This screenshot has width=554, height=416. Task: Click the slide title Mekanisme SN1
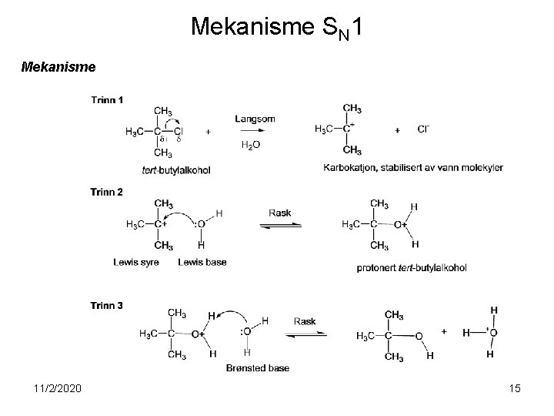click(276, 28)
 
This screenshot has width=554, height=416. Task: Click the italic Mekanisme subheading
click(58, 67)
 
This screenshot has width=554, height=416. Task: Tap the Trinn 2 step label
click(107, 192)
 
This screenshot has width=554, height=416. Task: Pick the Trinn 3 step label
click(107, 305)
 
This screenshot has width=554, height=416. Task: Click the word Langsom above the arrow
click(255, 119)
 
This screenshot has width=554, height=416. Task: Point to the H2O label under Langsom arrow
click(250, 145)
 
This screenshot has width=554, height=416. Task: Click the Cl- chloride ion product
click(423, 130)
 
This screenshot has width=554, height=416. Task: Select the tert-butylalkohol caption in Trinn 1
click(176, 169)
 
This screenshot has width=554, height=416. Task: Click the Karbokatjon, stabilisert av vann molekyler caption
click(413, 168)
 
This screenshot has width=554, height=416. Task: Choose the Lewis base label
click(202, 263)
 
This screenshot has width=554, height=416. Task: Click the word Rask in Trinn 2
click(279, 213)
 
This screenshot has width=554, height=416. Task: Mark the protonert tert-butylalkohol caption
click(412, 268)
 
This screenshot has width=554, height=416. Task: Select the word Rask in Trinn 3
click(305, 321)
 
